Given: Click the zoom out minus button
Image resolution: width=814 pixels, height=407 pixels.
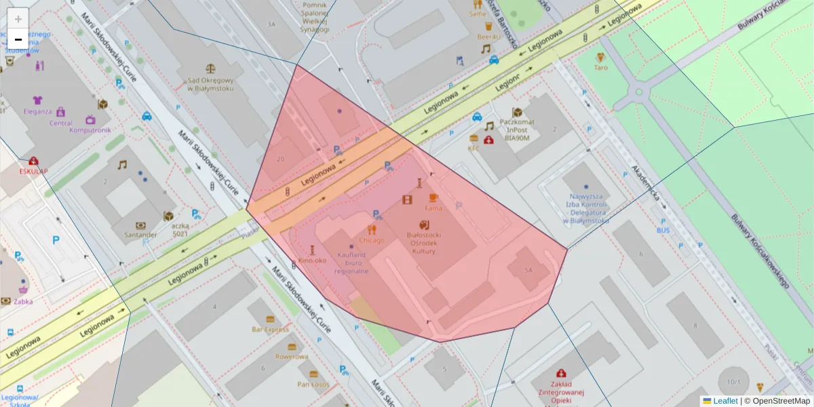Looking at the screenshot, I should coord(18,39).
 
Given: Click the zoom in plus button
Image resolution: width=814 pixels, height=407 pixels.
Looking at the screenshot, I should coord(18,19).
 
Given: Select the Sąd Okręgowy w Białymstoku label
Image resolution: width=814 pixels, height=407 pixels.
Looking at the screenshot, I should coord(210,84).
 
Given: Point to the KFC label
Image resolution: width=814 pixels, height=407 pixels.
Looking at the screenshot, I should coord(473,148).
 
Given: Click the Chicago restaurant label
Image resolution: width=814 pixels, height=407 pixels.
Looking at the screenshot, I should coord(372,240).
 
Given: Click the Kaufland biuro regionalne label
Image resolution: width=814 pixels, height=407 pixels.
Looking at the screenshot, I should coord(351,263).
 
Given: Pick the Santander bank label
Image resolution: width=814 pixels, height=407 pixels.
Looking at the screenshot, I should coord(140,235).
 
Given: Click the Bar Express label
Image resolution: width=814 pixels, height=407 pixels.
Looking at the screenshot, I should coord(270,329).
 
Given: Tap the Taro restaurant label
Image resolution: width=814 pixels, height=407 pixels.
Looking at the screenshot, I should coord(600,68).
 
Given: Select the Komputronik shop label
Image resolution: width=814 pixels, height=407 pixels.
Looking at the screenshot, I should coord(91,130).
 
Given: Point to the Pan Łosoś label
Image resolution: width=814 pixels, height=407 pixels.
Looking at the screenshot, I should coord(313,384).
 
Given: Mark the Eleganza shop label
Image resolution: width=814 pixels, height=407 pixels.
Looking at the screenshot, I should coord(37,111).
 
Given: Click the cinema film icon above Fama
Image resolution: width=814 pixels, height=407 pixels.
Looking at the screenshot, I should coord(407,199).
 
